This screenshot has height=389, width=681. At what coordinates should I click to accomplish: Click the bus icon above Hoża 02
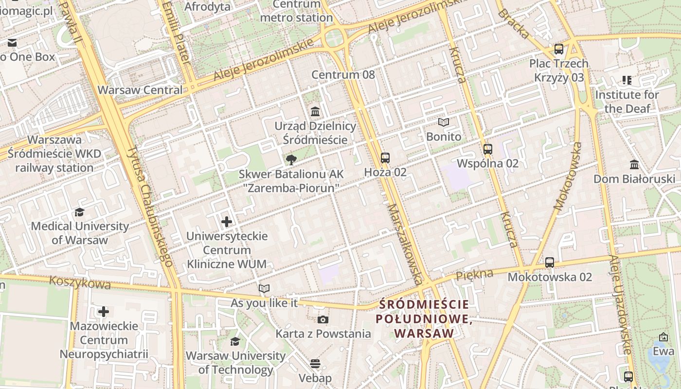pos(385,158)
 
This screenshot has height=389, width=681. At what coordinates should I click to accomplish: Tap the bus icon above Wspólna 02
pos(488,149)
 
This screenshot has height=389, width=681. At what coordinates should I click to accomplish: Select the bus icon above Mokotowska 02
pos(550,263)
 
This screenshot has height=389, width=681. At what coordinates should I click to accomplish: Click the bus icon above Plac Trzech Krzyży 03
pos(559,49)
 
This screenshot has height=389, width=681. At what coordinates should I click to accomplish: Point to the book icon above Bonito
pos(443,123)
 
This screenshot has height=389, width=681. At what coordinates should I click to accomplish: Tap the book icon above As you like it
pos(264,289)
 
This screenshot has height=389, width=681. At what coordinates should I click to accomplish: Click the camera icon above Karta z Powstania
pos(323,319)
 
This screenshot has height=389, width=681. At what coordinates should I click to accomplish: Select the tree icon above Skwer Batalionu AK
pos(291,159)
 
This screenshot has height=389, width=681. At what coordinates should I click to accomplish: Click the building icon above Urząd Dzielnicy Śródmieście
pos(315,111)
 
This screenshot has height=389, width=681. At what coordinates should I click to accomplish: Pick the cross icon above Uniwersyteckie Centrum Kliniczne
pos(227,222)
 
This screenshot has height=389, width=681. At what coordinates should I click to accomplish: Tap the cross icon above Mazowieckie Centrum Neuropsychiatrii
pos(104,311)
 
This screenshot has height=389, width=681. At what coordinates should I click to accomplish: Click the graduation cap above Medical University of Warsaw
pos(79,212)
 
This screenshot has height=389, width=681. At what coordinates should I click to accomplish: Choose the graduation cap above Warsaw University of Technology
pos(235,341)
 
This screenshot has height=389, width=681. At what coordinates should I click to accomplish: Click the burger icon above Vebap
pos(315,364)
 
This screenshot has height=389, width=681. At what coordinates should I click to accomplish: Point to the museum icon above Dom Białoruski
pos(634,164)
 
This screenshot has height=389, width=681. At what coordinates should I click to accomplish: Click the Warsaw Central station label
pos(140,90)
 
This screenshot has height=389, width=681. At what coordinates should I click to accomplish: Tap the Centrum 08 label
pos(343,74)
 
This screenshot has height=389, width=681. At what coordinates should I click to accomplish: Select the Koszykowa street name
pos(80,283)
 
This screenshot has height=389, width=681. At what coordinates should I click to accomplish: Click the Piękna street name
pos(474,275)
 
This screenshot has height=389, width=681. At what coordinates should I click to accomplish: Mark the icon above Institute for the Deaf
pos(627,80)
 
